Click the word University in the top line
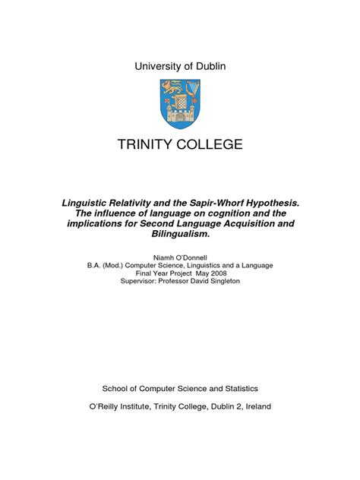(156, 66)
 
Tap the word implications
(97, 226)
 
